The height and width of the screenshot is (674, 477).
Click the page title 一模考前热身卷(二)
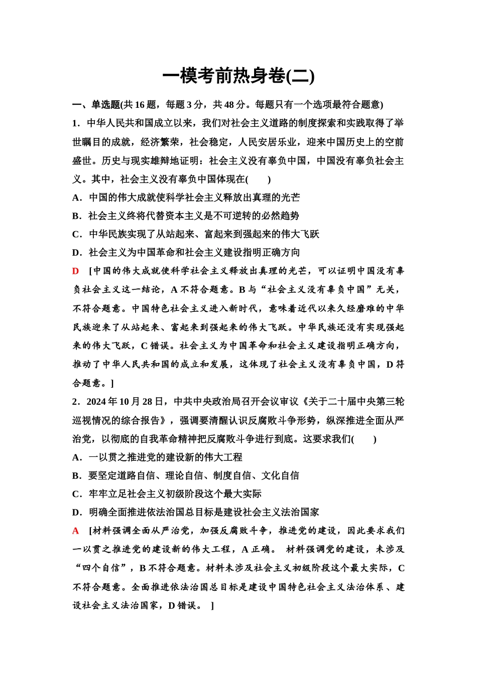238,76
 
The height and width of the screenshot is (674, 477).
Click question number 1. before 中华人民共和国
76,123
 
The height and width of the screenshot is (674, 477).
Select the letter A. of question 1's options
77,198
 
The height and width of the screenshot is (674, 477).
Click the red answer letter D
76,271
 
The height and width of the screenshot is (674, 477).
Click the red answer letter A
76,531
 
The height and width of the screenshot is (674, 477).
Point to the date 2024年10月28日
125,402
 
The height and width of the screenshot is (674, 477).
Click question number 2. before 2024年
76,402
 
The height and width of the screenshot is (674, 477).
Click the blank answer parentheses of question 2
364,439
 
